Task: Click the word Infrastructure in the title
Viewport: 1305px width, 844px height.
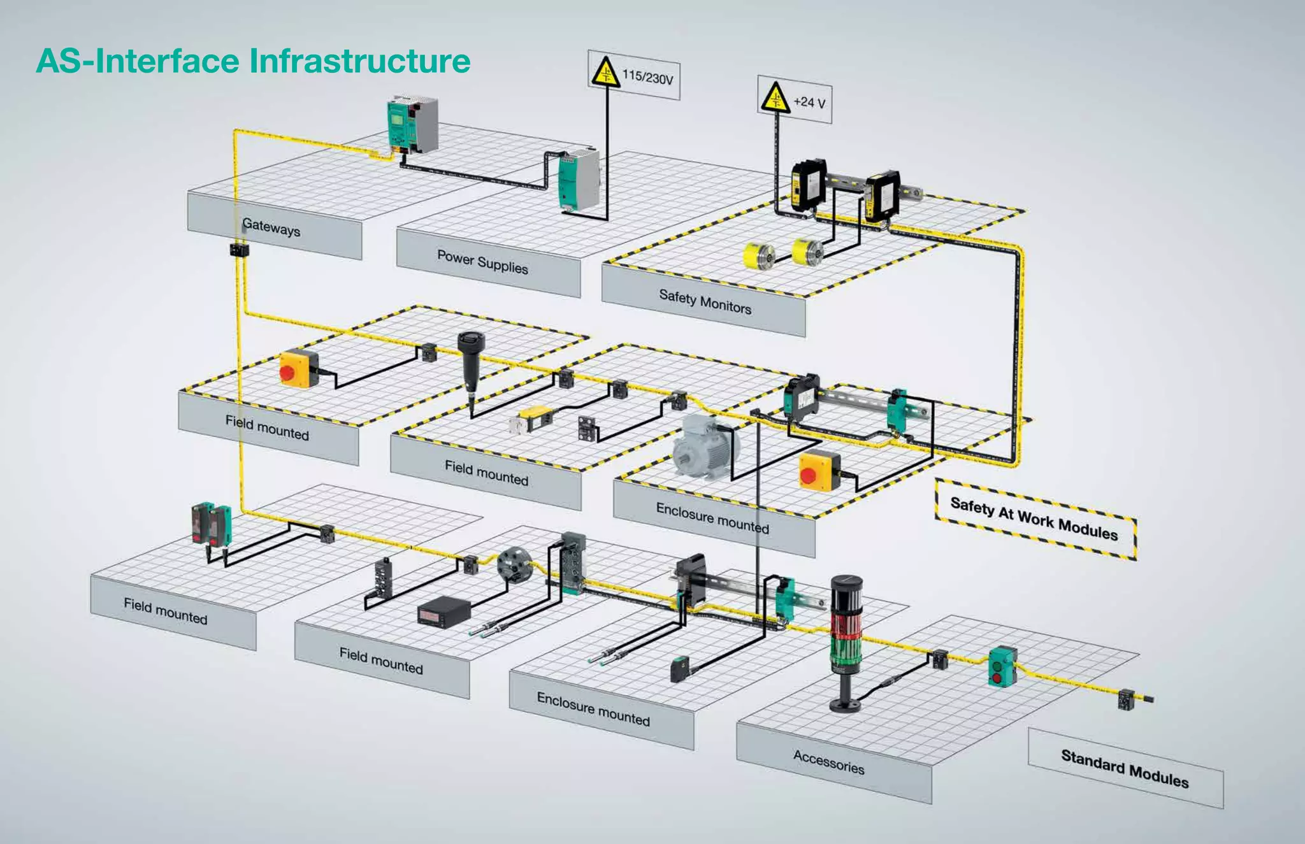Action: (360, 61)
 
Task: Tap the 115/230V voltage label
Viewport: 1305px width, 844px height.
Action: (647, 78)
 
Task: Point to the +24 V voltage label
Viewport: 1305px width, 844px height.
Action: (809, 102)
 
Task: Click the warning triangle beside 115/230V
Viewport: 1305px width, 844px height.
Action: (605, 73)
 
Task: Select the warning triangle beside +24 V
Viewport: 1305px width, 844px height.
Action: (775, 98)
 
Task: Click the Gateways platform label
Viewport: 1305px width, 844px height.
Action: (271, 227)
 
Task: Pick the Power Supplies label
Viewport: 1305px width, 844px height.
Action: (482, 262)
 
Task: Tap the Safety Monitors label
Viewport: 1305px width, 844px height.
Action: (705, 301)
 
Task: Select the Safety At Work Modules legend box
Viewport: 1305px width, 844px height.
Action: (1034, 519)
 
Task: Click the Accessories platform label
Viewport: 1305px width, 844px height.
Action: (828, 762)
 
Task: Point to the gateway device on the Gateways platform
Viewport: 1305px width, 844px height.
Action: (412, 124)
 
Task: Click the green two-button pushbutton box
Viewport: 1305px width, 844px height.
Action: (1002, 666)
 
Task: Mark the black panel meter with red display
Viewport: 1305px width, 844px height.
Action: (443, 612)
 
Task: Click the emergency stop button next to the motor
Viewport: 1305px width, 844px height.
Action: (819, 471)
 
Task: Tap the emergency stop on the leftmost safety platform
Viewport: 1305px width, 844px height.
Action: (298, 368)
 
